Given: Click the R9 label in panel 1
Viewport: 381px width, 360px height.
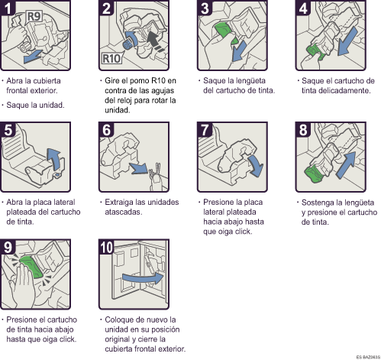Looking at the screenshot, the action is (x=34, y=17).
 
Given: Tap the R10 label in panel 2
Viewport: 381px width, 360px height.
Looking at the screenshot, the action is (x=111, y=58).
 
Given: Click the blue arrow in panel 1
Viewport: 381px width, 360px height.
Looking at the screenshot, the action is (x=32, y=57).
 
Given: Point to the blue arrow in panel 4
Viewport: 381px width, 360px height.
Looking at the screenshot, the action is (x=347, y=41).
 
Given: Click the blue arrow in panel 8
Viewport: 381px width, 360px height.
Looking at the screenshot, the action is (x=347, y=164).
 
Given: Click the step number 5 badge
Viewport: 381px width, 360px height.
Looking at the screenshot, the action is (x=8, y=130).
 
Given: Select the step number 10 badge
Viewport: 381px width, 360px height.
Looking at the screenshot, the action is (x=106, y=247).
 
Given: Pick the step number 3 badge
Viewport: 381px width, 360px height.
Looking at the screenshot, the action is (x=205, y=8).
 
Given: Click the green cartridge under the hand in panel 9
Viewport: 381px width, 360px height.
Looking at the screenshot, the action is (x=31, y=266).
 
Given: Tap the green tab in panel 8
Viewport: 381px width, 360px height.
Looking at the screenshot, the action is (x=313, y=174).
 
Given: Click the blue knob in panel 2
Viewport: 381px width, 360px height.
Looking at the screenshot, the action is (x=128, y=44).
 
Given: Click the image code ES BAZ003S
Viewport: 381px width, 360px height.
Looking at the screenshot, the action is (x=368, y=357).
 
